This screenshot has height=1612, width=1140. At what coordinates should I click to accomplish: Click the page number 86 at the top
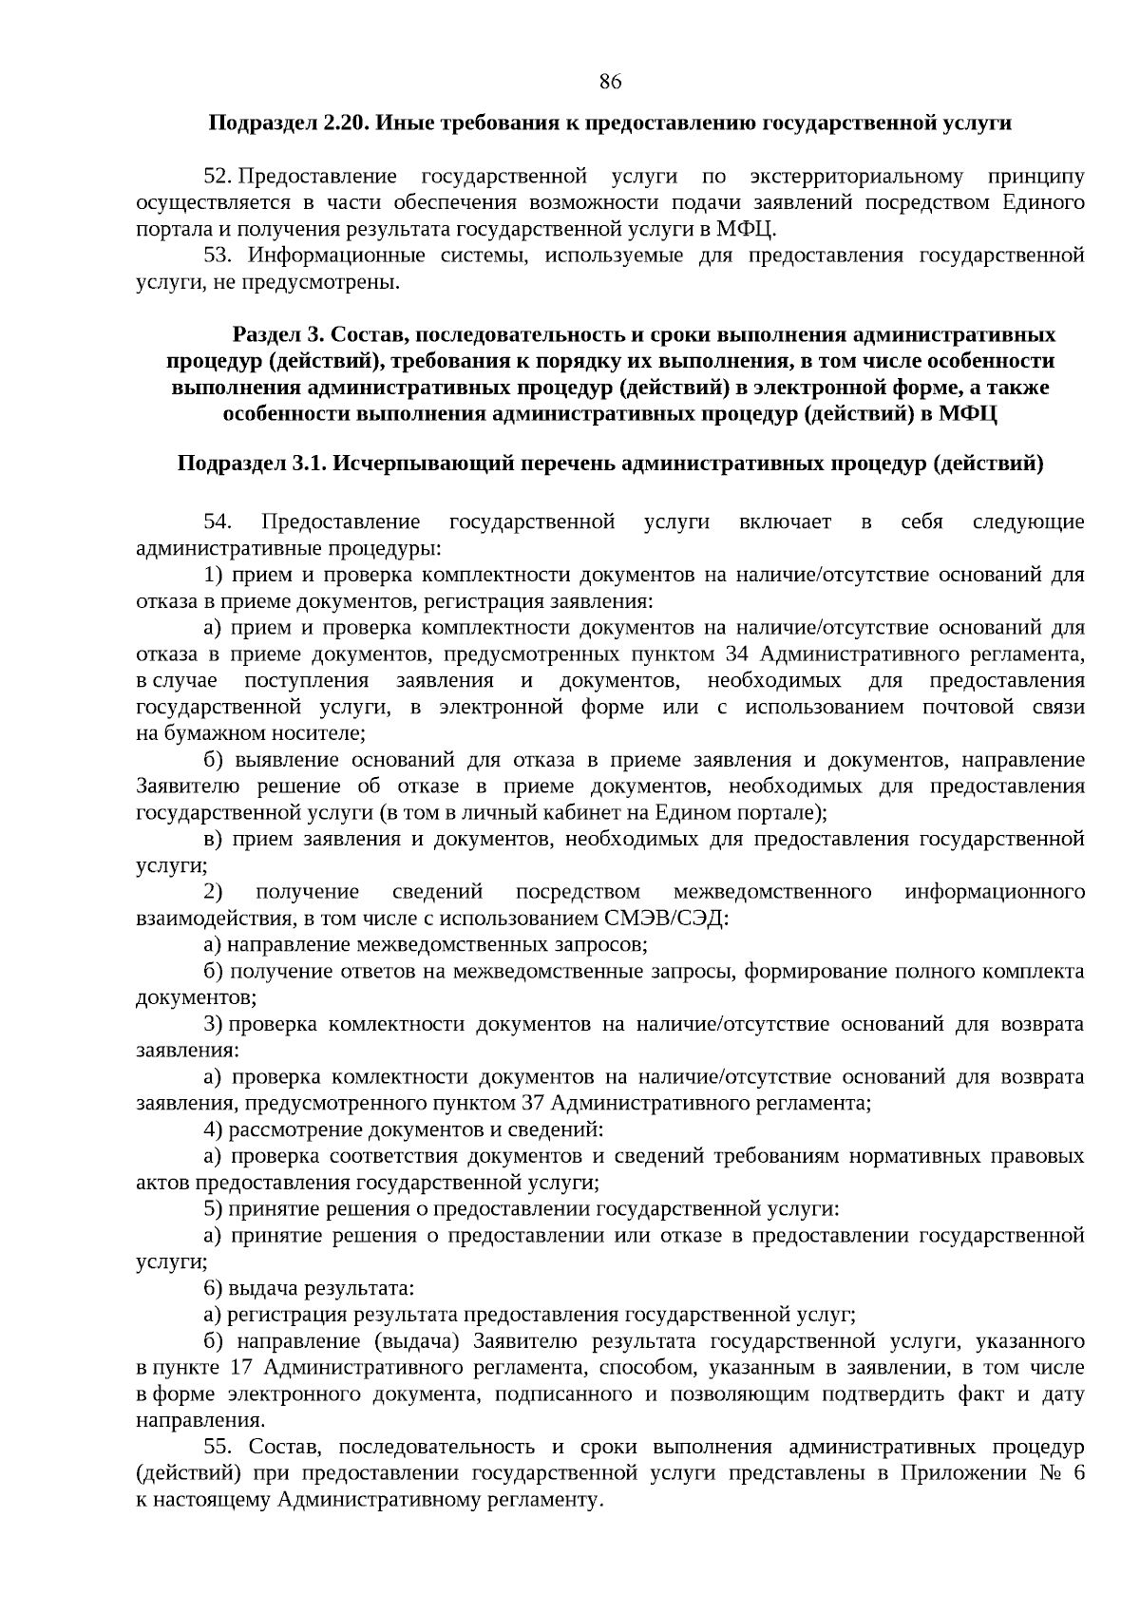(610, 82)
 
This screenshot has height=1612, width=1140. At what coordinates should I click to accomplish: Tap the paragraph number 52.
(217, 177)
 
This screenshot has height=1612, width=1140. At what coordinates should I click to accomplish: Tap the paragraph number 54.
(218, 522)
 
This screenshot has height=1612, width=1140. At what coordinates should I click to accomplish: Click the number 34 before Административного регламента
(737, 654)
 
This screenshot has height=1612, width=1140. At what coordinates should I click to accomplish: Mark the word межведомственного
(772, 892)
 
